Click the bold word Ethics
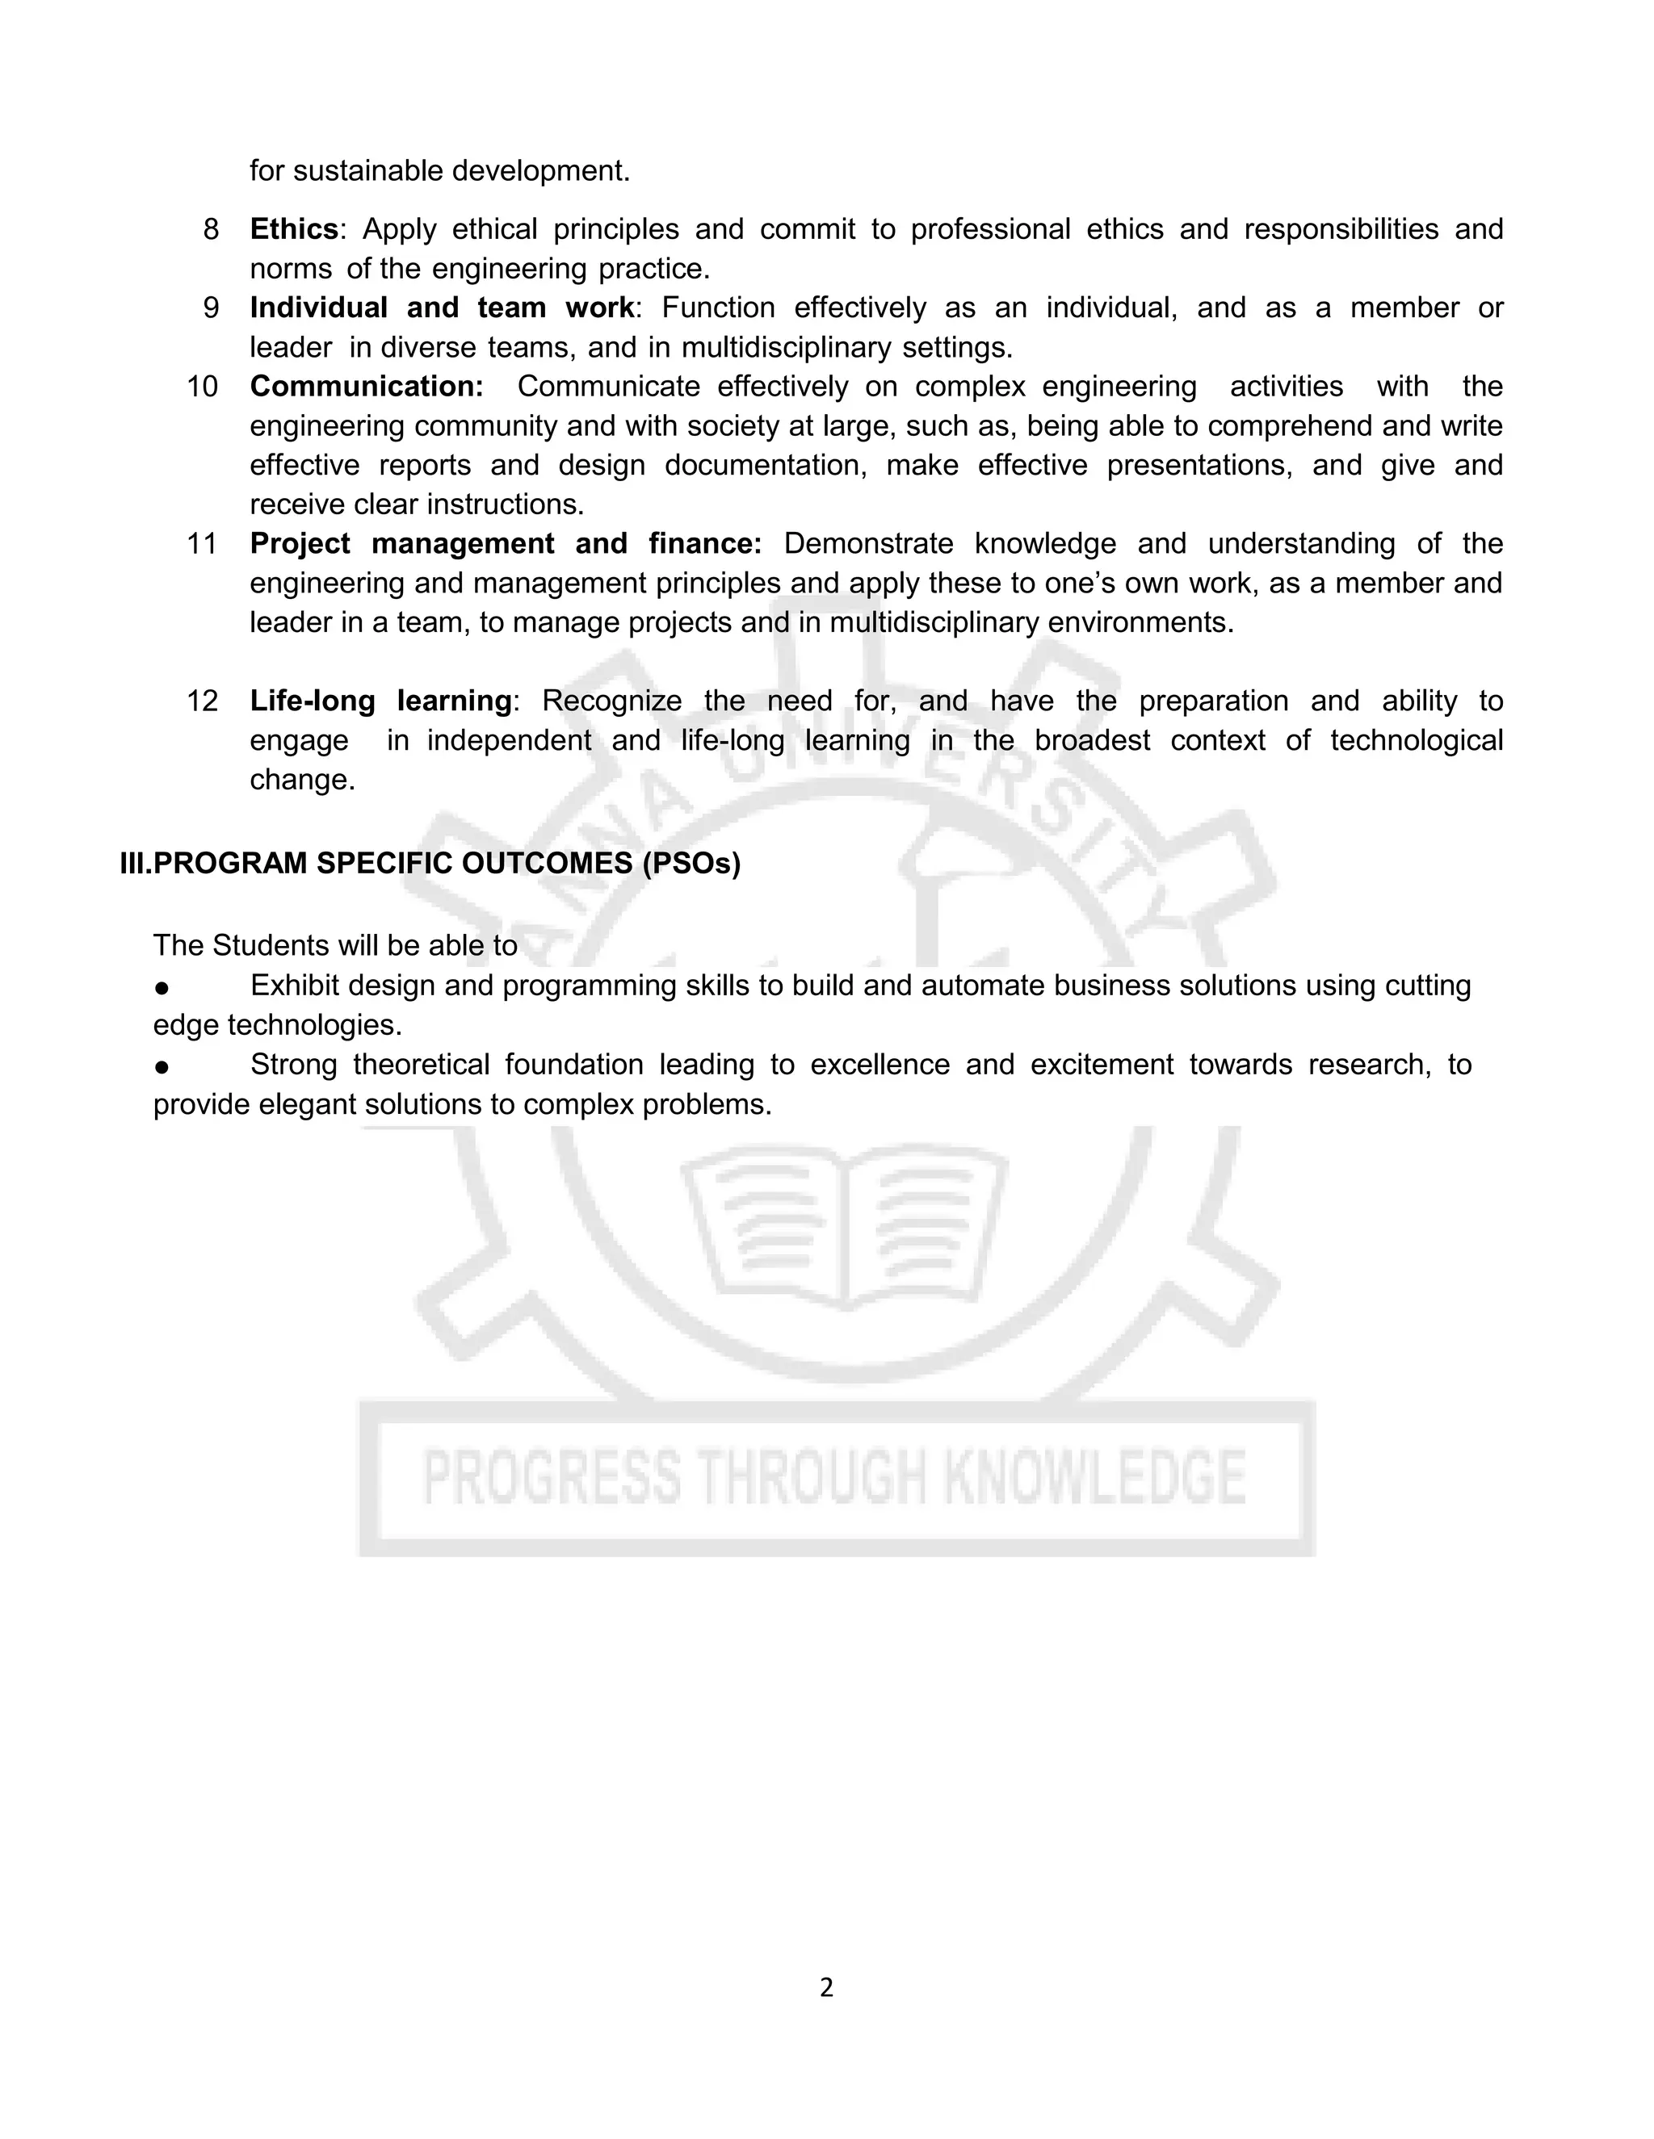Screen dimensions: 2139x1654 (294, 229)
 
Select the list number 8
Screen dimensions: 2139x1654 (211, 229)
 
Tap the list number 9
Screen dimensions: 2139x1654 (211, 308)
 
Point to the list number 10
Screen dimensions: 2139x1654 (202, 387)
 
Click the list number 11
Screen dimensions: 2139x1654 (202, 543)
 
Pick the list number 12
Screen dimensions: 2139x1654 (202, 701)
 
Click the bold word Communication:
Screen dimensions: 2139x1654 (367, 387)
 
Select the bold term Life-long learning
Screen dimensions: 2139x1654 (380, 701)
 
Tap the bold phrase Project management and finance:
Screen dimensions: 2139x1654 (506, 543)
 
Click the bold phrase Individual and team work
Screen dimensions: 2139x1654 (442, 308)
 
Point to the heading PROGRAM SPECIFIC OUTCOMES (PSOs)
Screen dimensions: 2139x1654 (447, 864)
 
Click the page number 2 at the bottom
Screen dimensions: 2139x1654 (826, 1987)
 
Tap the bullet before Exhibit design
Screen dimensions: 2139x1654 (162, 987)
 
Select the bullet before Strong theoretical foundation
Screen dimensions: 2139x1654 (162, 1066)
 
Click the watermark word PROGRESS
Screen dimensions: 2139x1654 (551, 1477)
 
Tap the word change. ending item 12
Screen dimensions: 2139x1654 (302, 781)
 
